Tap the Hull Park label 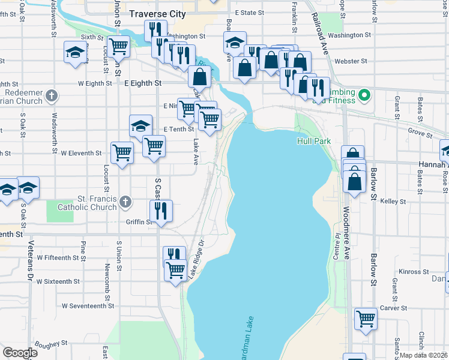point(314,141)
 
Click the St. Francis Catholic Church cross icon point(125,202)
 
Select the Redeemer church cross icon point(52,95)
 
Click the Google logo point(20,352)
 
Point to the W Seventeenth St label point(88,305)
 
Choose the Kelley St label point(393,202)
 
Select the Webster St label point(351,61)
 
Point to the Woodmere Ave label point(346,233)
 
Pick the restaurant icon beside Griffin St point(160,210)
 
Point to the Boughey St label point(51,344)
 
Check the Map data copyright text point(424,355)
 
